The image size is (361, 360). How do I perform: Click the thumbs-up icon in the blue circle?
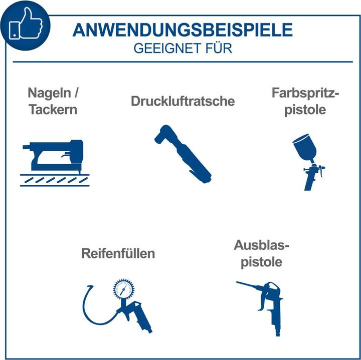(26, 24)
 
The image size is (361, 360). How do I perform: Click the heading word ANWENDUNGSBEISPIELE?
(183, 30)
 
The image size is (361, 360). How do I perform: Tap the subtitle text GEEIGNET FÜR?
(183, 48)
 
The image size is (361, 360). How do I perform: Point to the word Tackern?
(53, 110)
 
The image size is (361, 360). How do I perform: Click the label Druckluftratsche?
(183, 101)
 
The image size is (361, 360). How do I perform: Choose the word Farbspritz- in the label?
(305, 93)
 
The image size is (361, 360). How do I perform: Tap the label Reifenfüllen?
(118, 253)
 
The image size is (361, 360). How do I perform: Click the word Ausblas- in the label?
(261, 245)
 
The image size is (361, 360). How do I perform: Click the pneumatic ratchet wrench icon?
(183, 154)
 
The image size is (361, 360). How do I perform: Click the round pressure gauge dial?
(124, 289)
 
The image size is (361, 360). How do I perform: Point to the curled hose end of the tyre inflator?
(90, 287)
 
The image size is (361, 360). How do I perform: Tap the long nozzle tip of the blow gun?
(238, 282)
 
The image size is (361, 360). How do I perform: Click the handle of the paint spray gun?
(309, 181)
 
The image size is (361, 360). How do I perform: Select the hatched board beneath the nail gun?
(55, 180)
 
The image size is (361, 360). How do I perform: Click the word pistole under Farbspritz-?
(305, 110)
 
